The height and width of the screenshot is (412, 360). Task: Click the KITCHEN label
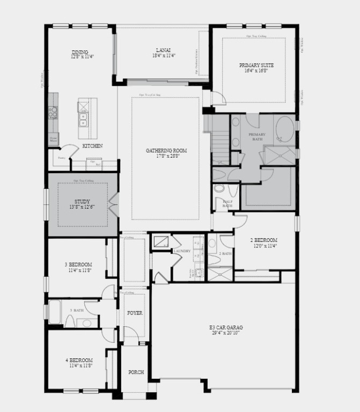coord(92,146)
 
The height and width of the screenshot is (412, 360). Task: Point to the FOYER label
coord(135,313)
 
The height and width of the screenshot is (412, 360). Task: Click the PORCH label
coord(136,372)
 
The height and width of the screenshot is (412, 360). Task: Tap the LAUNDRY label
coord(182,251)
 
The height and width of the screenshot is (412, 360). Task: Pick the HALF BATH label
coord(227,203)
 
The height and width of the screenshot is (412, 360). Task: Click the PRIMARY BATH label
coord(257,137)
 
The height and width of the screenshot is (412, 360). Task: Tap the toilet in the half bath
coord(219,189)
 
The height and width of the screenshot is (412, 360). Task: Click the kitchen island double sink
coord(83,119)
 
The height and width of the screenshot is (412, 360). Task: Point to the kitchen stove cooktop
coord(53,113)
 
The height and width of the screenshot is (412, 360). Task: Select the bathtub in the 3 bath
coord(55,312)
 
